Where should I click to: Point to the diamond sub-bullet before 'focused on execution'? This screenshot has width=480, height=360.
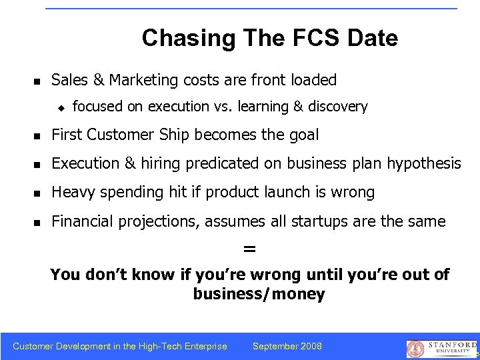pos(59,107)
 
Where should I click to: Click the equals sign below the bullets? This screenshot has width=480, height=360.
pos(249,249)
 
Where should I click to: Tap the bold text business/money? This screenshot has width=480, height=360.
pos(259,294)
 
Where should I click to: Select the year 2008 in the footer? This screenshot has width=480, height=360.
pos(310,346)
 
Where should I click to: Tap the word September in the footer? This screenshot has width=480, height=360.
pos(274,346)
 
